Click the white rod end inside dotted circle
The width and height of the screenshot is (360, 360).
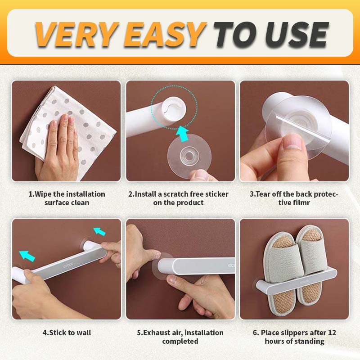point(173,108)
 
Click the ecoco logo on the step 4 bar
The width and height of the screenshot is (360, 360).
point(68,265)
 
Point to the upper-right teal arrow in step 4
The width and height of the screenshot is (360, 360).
point(99,231)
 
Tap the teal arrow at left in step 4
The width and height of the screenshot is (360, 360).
point(27,256)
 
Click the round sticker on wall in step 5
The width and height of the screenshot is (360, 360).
point(162,265)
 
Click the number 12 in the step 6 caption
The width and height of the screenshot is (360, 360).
point(332,333)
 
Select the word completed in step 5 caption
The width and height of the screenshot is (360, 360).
point(180,341)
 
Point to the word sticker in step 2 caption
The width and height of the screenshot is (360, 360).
point(217,194)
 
